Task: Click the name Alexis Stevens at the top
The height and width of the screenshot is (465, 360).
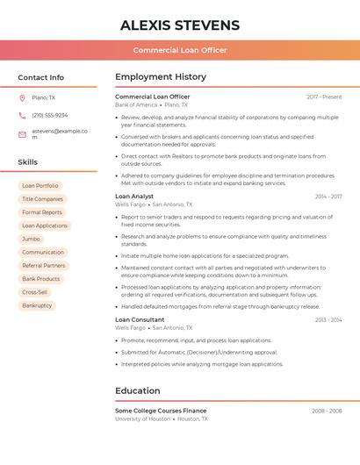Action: coord(180,25)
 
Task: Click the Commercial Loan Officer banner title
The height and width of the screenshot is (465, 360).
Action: coord(180,50)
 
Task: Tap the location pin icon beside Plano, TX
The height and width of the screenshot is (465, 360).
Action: coord(22,98)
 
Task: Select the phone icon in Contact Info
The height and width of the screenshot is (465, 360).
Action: coord(22,116)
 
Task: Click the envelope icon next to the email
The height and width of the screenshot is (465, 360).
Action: coord(22,133)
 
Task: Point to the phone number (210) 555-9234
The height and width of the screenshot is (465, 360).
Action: coord(50,116)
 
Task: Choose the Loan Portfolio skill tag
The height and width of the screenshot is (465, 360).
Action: coord(40,186)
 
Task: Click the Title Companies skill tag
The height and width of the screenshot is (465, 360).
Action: coord(42,199)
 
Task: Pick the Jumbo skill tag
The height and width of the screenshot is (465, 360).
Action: coord(31,239)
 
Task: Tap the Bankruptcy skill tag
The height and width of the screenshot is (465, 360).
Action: coord(37,305)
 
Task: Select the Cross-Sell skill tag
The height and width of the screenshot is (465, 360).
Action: coord(35,292)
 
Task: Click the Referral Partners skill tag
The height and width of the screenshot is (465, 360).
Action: coord(44,266)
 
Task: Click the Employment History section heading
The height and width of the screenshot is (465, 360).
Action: coord(161,77)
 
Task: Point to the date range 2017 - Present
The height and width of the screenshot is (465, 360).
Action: coord(324,97)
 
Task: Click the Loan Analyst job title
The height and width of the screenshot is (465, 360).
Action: coord(134,197)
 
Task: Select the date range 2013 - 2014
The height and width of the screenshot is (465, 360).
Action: coord(328,320)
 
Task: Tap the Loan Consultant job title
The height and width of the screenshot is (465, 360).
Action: coord(140,320)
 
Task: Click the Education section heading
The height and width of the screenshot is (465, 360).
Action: coord(138,391)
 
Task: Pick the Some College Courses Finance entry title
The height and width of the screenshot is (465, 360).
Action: coord(161,411)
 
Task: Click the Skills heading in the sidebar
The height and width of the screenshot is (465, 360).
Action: coord(28,162)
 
